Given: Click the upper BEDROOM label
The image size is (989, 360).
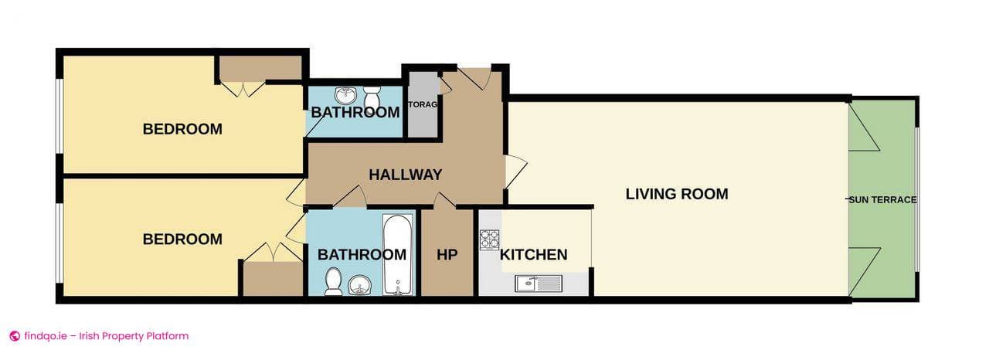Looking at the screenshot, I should pos(182,129).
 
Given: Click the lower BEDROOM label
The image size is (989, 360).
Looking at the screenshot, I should pos(182,239).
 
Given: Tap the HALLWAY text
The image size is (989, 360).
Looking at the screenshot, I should pos(405,175).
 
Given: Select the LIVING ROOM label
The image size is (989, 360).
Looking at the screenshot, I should pos(676,194).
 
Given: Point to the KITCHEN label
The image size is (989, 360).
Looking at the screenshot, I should pos(533,255).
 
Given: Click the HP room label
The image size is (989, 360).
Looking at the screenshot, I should pos(447,255).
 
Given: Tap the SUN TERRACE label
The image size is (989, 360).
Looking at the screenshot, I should pos(882,199).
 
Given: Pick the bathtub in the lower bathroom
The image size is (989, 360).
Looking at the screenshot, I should pos(398,255).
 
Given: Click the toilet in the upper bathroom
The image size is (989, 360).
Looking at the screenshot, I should pos(372,97).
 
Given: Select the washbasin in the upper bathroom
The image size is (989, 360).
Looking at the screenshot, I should pos(345,96).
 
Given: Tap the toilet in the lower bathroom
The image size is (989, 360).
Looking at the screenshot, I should pos(334,281).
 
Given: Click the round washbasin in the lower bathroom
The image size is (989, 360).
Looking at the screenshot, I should pos(359,285).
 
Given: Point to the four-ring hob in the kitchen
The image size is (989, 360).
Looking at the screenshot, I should pos(489,240).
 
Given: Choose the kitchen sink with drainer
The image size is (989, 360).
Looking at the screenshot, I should pos(540,284).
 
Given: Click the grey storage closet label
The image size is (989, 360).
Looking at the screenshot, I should pos(423,105).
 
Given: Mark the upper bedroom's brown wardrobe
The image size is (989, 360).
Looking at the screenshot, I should pos(259,68).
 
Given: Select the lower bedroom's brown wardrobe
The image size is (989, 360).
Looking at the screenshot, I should pos(272,279).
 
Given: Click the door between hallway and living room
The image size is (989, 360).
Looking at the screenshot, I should pos(514,172).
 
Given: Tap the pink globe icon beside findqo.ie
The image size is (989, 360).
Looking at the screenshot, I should pos(14,336).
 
